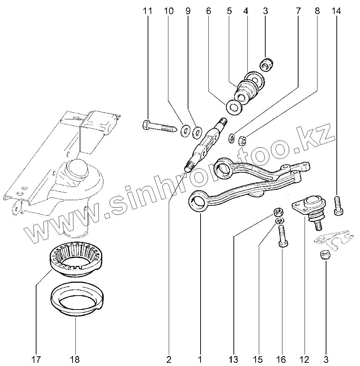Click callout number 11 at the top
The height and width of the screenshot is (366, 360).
pos(147,11)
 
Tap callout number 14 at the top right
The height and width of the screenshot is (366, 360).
pos(336,11)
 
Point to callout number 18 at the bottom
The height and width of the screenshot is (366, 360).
pos(75,358)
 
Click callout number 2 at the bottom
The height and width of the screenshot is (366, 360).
pos(169,358)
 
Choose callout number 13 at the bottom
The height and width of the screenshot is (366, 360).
pos(233,358)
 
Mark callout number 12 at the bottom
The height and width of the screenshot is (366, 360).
pos(305,358)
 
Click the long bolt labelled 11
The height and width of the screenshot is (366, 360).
pos(159,126)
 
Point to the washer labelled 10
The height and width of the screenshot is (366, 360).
pos(185,131)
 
